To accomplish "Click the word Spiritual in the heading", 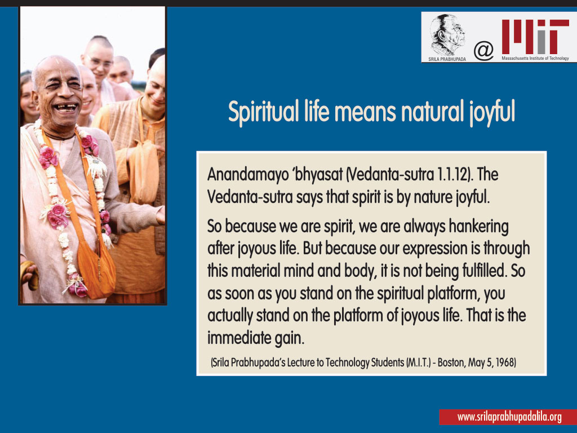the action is pos(263,112).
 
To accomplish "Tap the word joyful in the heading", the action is pos(492,112).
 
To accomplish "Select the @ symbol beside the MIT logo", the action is pos(483,50).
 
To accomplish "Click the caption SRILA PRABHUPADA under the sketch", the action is pos(447,59).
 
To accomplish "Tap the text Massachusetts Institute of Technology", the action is pos(535,58).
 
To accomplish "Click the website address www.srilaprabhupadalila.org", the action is pos(509,417).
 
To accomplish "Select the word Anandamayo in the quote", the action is pos(248,175).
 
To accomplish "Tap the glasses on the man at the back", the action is pos(99,62).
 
